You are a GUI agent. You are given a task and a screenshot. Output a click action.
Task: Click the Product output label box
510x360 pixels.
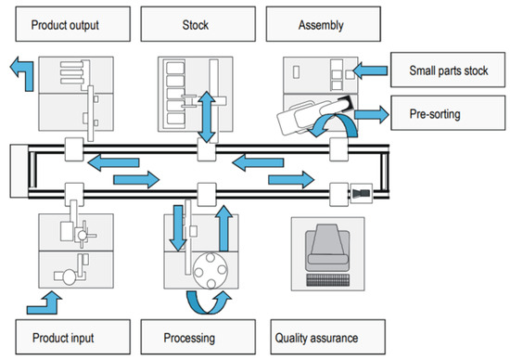[73, 24]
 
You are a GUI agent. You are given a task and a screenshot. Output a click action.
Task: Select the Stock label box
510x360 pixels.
[198, 24]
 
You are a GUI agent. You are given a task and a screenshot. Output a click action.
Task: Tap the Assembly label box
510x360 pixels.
[324, 24]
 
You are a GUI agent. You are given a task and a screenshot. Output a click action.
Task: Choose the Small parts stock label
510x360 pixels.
[448, 70]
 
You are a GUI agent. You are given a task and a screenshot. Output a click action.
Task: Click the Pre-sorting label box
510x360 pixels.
[448, 113]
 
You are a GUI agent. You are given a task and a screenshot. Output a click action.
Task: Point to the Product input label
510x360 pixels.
[73, 337]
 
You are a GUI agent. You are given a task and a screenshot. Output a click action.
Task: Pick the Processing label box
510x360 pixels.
[198, 337]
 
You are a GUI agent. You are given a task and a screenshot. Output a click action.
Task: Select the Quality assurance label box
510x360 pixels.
[328, 337]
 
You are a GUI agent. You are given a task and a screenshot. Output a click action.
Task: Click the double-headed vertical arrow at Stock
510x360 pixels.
[207, 117]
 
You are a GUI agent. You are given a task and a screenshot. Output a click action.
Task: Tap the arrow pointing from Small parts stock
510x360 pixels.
[370, 71]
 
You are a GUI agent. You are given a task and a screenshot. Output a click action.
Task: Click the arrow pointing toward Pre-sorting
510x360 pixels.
[372, 114]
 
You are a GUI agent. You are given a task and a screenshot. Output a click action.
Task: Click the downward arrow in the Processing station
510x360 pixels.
[178, 228]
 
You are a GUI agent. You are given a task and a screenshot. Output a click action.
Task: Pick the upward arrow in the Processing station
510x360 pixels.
[223, 228]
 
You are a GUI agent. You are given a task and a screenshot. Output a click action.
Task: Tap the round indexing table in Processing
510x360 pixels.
[210, 271]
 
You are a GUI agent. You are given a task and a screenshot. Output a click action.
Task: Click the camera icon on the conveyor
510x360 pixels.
[361, 194]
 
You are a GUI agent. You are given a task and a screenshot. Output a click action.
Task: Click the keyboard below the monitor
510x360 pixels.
[328, 280]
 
